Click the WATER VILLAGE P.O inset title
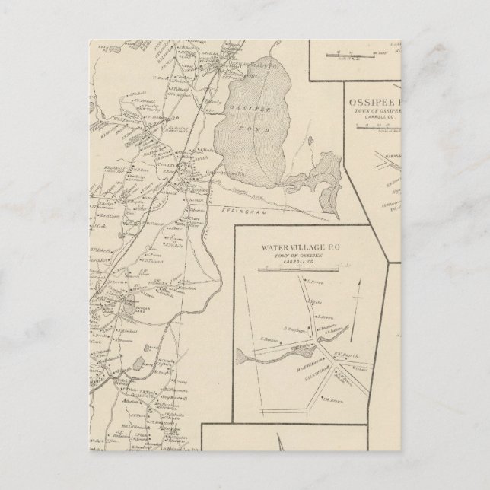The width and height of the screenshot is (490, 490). point(303,248)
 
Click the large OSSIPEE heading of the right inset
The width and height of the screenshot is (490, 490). point(367,101)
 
